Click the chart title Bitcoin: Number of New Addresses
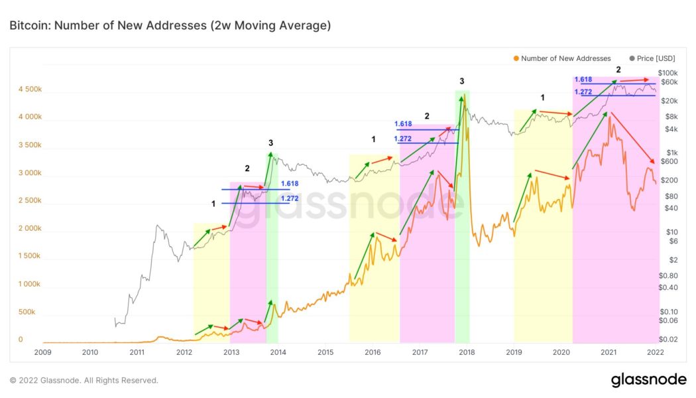pyautogui.click(x=170, y=26)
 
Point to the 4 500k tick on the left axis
pyautogui.click(x=29, y=89)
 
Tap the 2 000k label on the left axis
pyautogui.click(x=29, y=228)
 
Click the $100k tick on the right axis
pyautogui.click(x=667, y=72)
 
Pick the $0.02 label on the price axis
pyautogui.click(x=667, y=340)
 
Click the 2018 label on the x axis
pyautogui.click(x=467, y=352)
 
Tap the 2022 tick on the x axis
pyautogui.click(x=655, y=352)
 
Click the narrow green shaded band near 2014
pyautogui.click(x=272, y=245)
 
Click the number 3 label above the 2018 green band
pyautogui.click(x=462, y=81)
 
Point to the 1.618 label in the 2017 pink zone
pyautogui.click(x=403, y=124)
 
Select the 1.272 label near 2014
pyautogui.click(x=290, y=198)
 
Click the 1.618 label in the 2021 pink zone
pyautogui.click(x=583, y=80)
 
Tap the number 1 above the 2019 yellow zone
pyautogui.click(x=542, y=98)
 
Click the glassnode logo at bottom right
pyautogui.click(x=648, y=380)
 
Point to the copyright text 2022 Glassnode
pyautogui.click(x=84, y=381)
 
